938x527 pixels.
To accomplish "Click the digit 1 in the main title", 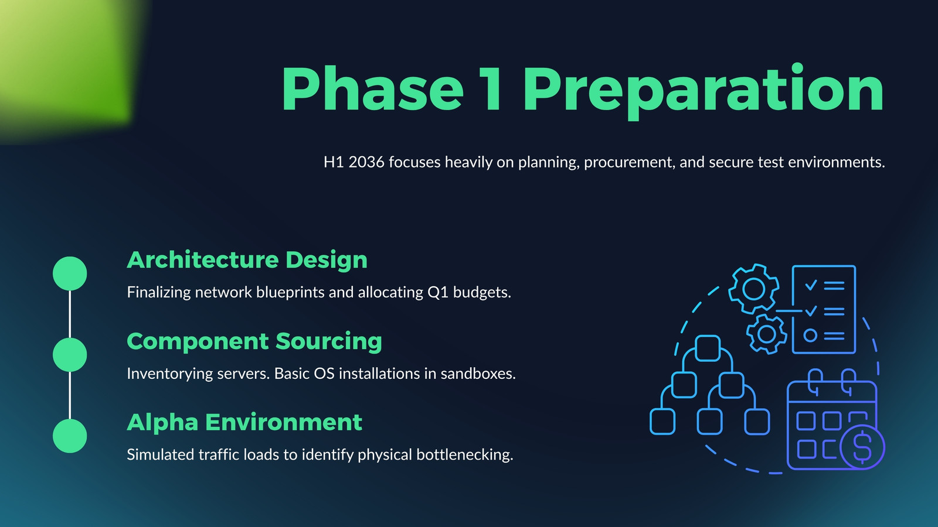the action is (491, 88).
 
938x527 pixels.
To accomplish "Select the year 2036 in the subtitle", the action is (366, 162).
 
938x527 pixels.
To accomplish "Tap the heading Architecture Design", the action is (247, 260).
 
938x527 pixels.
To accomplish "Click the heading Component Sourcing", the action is (254, 342).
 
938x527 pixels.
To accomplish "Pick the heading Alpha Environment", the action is (244, 422).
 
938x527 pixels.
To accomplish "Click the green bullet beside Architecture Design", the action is (70, 273).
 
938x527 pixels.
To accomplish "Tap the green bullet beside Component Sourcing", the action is (70, 355).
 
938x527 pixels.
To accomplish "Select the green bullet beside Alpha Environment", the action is (70, 436).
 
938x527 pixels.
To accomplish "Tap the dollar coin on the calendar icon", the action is (862, 447).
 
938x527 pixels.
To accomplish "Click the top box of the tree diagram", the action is (708, 348).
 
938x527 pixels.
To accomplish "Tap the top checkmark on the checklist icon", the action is (811, 285).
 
